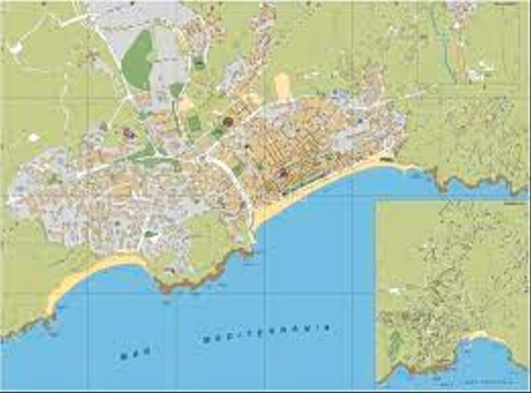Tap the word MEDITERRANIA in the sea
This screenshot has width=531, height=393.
pyautogui.click(x=265, y=333)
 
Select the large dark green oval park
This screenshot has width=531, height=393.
pyautogui.click(x=138, y=60)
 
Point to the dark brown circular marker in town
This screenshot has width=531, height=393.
pyautogui.click(x=228, y=121)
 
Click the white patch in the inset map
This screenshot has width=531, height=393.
pyautogui.click(x=394, y=291)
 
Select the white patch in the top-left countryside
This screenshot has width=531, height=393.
pyautogui.click(x=15, y=48)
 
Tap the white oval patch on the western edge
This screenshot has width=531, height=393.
pyautogui.click(x=34, y=138)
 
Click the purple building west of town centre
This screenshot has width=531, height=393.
pyautogui.click(x=129, y=134)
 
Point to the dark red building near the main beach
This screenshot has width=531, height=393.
pyautogui.click(x=282, y=173)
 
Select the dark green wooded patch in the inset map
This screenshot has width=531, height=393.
pyautogui.click(x=395, y=342)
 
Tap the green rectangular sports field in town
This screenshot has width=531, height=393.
pyautogui.click(x=194, y=123)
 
